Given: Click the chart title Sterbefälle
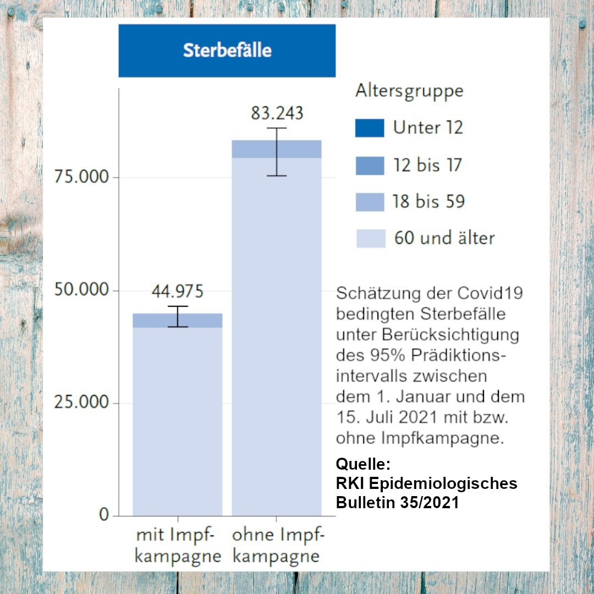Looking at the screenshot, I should coord(227,51).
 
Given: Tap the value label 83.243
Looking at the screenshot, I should coord(277,113).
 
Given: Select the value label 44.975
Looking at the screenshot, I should coord(177,291).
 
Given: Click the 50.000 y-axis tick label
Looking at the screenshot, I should coord(81,290).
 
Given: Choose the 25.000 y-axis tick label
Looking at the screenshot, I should coord(81,403).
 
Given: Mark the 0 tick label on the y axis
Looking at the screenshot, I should coord(104,515).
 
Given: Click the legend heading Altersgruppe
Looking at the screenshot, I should coord(409,91).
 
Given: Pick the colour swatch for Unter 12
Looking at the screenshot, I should coord(370,128).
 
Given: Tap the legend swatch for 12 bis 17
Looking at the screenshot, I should coord(370,165).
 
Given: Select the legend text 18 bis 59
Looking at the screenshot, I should coord(428,201).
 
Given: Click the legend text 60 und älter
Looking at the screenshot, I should coord(444,238).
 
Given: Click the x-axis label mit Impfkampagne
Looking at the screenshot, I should coord(177,545).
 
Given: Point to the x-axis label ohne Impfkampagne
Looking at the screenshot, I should coord(277,545).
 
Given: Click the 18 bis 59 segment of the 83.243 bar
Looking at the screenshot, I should coord(253,149).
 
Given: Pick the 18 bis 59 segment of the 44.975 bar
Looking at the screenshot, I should coord(154,321).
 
